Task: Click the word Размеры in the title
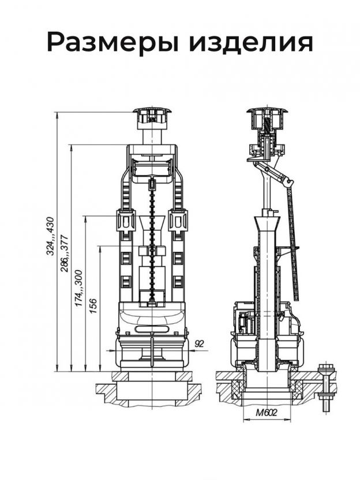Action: coord(112,43)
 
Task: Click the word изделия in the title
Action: coord(251,43)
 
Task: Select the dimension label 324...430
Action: coord(50,236)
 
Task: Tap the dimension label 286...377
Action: coord(65,253)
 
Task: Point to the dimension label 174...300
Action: coord(79,288)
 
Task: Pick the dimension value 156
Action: coord(92,306)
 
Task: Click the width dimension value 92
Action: coord(199,344)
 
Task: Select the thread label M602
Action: coord(267,412)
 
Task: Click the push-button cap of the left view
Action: coord(152,118)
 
